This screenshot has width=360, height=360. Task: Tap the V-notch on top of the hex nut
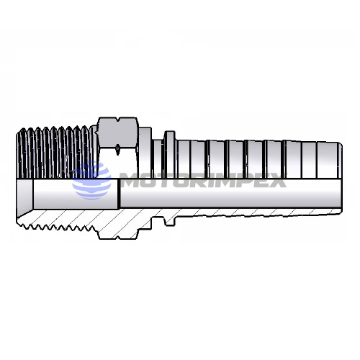point(117,120)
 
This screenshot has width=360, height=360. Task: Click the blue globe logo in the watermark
point(92,181)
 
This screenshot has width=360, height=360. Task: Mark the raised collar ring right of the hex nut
point(170,154)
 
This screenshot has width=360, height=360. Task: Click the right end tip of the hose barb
point(342,177)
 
